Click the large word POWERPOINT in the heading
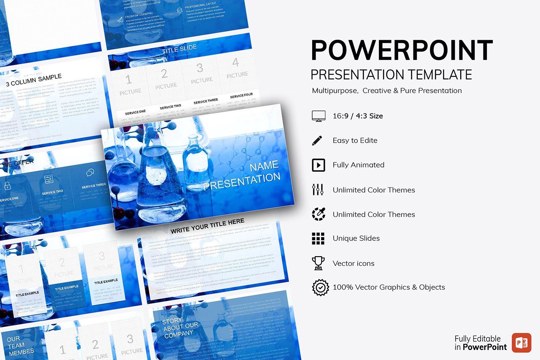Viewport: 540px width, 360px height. (x=402, y=50)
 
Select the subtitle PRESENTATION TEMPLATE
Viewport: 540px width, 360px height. (x=391, y=75)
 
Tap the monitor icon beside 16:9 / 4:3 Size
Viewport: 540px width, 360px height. (x=318, y=116)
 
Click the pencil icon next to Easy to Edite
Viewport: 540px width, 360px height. (x=317, y=141)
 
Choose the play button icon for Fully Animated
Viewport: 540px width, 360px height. (x=318, y=165)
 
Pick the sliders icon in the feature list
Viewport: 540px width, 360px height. (x=318, y=189)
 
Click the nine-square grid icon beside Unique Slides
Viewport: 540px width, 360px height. (x=318, y=238)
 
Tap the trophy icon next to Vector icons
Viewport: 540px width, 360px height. (x=318, y=263)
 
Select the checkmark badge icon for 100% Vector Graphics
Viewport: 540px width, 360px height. (x=320, y=287)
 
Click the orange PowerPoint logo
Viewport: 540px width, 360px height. (x=521, y=342)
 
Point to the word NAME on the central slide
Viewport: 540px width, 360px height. (x=264, y=166)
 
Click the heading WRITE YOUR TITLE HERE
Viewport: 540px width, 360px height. (x=207, y=226)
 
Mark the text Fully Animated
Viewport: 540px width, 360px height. (x=358, y=165)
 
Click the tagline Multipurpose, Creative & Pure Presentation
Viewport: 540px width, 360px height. (x=386, y=91)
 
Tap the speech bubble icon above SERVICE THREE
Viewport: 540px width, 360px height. (x=90, y=173)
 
